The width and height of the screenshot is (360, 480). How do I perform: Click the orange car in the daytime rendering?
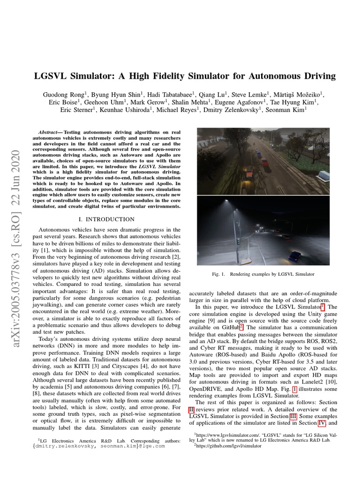pyautogui.click(x=249, y=173)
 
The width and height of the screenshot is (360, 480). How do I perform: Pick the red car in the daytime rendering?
pyautogui.click(x=264, y=162)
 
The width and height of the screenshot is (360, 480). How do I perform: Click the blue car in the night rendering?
pyautogui.click(x=294, y=256)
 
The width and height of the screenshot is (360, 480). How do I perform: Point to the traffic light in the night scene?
pyautogui.click(x=239, y=241)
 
